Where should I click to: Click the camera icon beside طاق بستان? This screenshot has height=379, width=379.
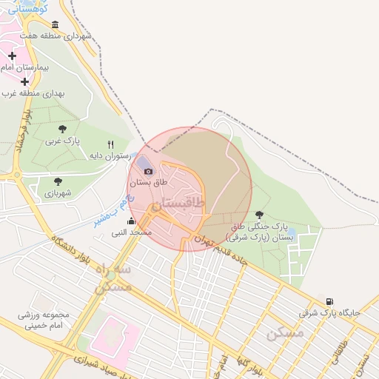click(148, 172)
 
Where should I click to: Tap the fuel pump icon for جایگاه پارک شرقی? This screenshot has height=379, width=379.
click(329, 302)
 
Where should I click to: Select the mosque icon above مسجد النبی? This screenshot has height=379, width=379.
click(131, 221)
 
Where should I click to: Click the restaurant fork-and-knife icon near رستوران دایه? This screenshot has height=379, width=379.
click(111, 144)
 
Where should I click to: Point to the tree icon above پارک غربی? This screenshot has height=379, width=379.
click(61, 129)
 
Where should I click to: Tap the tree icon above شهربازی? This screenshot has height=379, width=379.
click(58, 181)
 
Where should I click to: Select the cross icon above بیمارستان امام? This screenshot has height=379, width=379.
click(13, 56)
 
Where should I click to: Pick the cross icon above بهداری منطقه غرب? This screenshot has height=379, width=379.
click(24, 81)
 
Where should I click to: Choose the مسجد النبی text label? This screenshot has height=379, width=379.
click(131, 232)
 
